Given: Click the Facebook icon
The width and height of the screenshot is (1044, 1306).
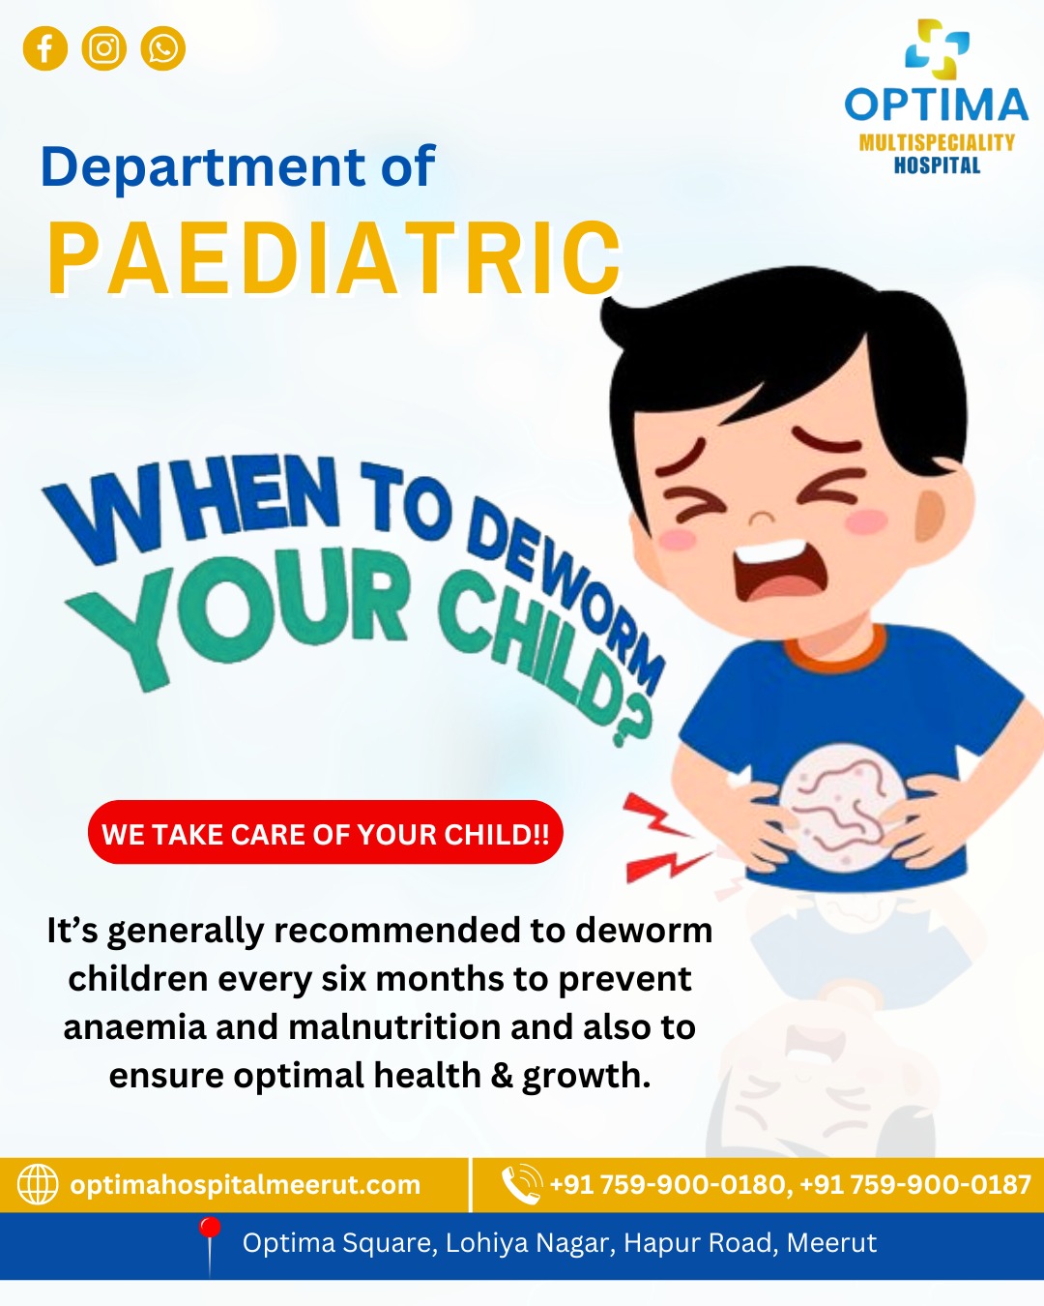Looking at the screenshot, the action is point(44,48).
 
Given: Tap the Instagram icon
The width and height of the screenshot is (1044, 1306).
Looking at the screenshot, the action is point(103,48).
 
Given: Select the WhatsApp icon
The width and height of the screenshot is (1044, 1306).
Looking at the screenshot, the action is point(162,48).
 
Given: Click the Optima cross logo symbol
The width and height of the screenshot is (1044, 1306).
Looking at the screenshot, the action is point(937,49).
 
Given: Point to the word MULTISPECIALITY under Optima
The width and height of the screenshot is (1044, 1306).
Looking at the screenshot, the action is point(937,142).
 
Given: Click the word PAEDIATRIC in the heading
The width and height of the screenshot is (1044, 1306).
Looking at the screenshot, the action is point(334,258).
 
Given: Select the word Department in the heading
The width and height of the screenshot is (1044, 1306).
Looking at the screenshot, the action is point(203,167).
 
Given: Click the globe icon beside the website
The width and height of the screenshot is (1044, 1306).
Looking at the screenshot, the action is point(38,1184).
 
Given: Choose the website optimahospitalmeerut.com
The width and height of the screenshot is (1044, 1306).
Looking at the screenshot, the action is point(246,1185).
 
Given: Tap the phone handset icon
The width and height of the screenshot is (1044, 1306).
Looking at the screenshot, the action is point(522,1184).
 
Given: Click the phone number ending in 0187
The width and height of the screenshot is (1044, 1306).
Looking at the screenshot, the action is point(915,1185).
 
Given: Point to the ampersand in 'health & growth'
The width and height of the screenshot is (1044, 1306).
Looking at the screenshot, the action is point(502,1076).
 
